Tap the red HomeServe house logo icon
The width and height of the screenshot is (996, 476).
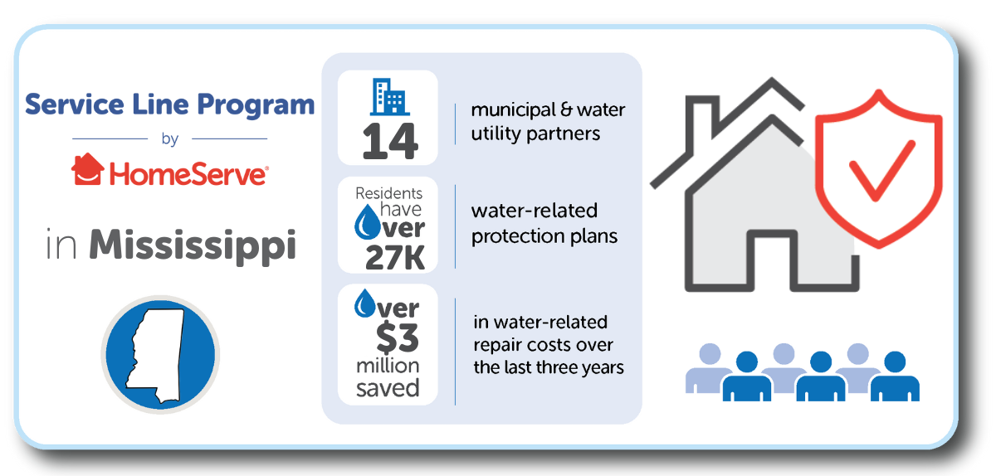[88, 169]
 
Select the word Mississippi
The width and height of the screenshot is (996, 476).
[193, 245]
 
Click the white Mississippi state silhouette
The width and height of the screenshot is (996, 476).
[157, 355]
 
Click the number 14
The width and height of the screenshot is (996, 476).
[390, 141]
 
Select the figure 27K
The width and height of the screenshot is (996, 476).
[395, 257]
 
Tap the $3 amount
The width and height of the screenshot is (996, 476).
[397, 338]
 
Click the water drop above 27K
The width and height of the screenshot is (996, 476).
[367, 221]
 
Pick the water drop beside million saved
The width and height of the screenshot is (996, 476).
[364, 304]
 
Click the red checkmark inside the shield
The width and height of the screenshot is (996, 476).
[882, 170]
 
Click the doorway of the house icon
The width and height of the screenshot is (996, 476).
[772, 260]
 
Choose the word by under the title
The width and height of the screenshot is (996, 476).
[170, 139]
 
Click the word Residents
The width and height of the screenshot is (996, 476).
[388, 193]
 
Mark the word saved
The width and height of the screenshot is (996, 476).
[388, 388]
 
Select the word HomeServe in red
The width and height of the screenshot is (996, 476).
[188, 174]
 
